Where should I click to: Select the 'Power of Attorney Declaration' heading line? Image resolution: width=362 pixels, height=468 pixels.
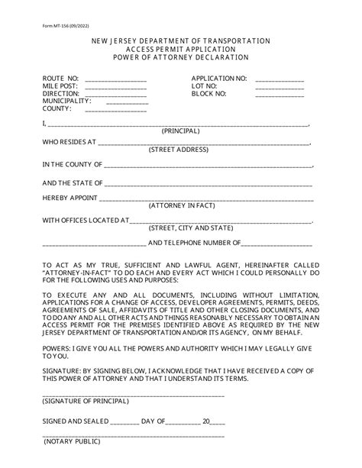point(180,56)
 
